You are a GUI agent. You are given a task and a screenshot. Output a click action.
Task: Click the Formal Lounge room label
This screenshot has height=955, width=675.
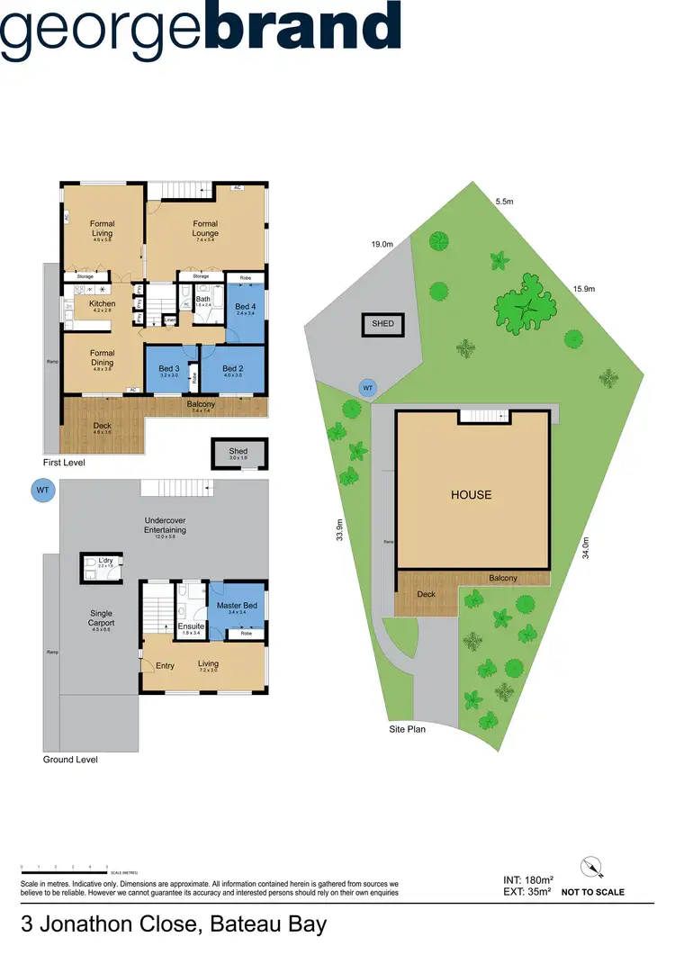coord(205,229)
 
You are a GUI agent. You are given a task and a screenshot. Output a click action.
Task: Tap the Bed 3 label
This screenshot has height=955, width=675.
coord(169,369)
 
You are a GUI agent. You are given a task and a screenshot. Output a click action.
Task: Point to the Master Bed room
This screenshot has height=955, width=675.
coord(238,606)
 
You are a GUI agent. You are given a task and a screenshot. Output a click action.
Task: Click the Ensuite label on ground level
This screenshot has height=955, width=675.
coord(191,626)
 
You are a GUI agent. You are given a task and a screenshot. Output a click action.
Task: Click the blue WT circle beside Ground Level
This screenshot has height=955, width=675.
coord(42,491)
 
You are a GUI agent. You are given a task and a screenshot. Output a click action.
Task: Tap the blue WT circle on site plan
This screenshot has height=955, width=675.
coord(366,388)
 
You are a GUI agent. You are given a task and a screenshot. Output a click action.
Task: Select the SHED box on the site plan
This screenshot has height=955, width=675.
coord(382,324)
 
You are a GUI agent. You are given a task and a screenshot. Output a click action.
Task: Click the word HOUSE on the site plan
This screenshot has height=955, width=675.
coord(472,494)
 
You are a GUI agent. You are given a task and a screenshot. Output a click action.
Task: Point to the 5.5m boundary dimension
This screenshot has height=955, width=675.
coord(504,202)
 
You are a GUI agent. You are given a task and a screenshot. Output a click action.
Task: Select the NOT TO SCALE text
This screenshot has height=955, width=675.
coord(593,893)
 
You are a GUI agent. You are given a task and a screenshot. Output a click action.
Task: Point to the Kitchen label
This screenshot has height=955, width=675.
coord(102,304)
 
